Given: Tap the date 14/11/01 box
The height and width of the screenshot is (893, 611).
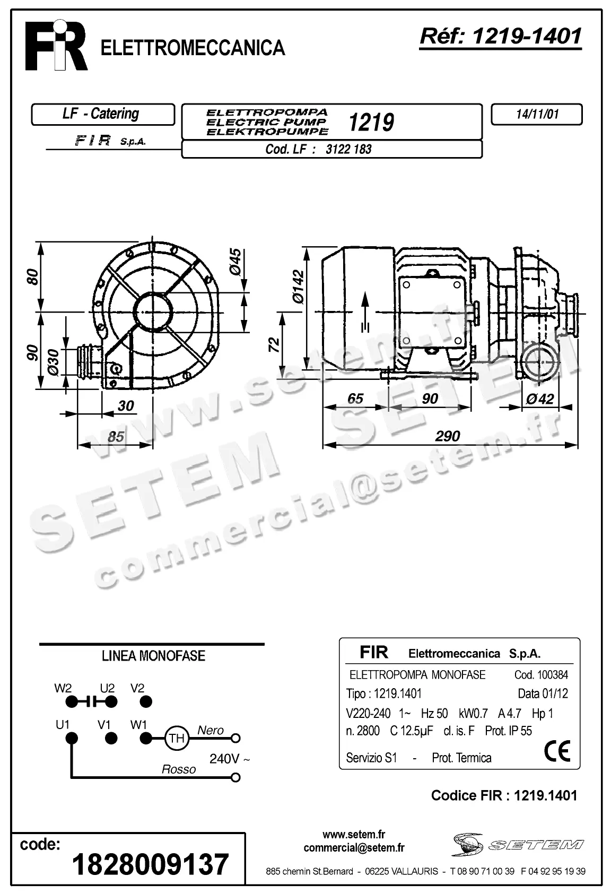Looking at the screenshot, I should [x=537, y=115].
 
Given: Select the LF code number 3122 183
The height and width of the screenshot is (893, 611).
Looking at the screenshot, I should [x=348, y=149].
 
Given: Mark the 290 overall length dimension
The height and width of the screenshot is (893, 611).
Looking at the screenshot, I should [x=447, y=436].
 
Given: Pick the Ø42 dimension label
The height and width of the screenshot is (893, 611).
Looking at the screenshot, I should [x=539, y=399].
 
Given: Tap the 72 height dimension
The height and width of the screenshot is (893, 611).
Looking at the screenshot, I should [x=274, y=345].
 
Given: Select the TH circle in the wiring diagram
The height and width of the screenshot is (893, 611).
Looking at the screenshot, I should [x=177, y=738].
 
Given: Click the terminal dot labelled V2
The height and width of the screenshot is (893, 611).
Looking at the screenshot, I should [x=146, y=702].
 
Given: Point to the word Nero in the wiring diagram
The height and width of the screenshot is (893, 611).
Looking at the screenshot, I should [x=210, y=730].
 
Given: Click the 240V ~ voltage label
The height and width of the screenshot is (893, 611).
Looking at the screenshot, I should [x=229, y=759].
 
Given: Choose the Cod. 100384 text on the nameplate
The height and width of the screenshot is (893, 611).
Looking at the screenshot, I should [x=540, y=674].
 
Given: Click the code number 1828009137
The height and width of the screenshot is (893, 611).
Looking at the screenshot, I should [x=150, y=864].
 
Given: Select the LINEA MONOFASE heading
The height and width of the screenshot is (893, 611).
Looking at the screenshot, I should [x=153, y=656].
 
